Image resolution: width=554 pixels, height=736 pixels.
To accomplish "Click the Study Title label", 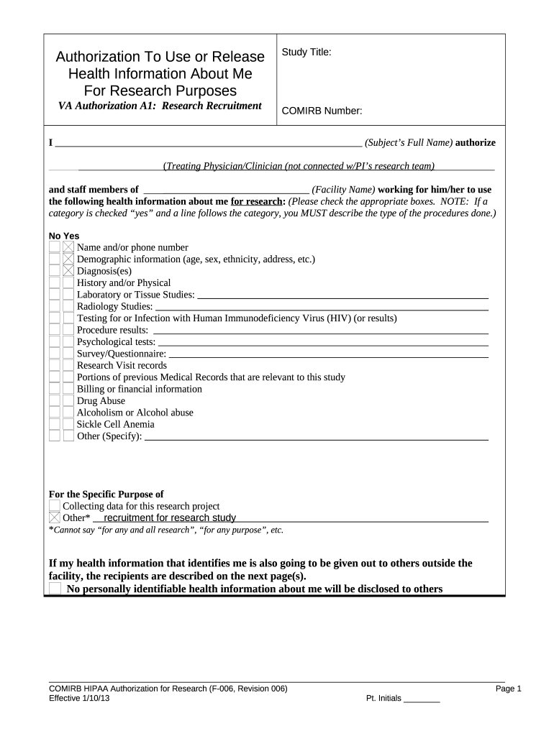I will [306, 52].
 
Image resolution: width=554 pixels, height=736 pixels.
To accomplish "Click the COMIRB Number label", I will [322, 111].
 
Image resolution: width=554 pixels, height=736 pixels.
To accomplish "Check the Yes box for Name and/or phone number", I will [68, 247].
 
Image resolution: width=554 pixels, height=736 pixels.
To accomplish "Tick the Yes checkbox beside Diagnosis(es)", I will [68, 271].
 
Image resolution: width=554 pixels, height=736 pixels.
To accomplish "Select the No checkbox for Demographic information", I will [55, 259].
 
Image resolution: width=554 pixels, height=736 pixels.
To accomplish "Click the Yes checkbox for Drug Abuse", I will [68, 400].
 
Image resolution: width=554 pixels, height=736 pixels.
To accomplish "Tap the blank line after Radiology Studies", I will [322, 307].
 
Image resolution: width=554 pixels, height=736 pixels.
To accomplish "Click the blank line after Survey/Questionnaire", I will [328, 354].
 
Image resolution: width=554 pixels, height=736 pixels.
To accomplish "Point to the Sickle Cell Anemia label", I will [115, 424].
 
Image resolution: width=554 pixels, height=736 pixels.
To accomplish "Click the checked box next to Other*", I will [55, 517].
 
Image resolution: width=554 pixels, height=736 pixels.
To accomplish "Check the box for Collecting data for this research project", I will [55, 506].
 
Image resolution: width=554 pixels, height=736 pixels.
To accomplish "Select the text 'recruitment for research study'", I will [170, 517].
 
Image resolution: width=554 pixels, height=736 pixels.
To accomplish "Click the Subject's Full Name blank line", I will [209, 142].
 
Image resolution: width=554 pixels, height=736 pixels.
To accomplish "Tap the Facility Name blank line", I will [227, 190].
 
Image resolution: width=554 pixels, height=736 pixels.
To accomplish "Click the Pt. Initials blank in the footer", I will [422, 699].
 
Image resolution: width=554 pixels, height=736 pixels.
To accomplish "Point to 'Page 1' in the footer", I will [508, 689].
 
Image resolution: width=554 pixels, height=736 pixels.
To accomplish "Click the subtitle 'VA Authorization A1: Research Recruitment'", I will [159, 106].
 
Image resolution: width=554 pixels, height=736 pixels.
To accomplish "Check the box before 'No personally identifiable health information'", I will [55, 589].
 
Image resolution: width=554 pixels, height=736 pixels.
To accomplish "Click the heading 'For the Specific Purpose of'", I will [106, 494].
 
